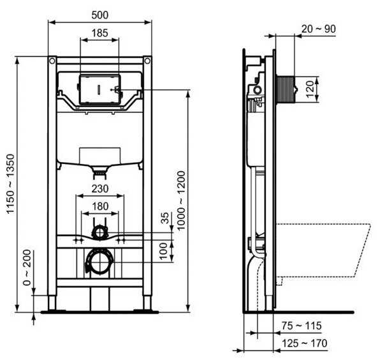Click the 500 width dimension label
pyautogui.click(x=100, y=15)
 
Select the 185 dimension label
pyautogui.click(x=100, y=33)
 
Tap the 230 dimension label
pyautogui.click(x=100, y=189)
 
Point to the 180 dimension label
pyautogui.click(x=100, y=206)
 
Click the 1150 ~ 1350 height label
pyautogui.click(x=11, y=184)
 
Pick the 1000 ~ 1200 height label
pyautogui.click(x=181, y=200)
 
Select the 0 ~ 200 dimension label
pyautogui.click(x=27, y=267)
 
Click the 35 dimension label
pyautogui.click(x=165, y=218)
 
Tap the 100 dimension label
pyautogui.click(x=164, y=251)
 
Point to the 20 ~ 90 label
pyautogui.click(x=319, y=29)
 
